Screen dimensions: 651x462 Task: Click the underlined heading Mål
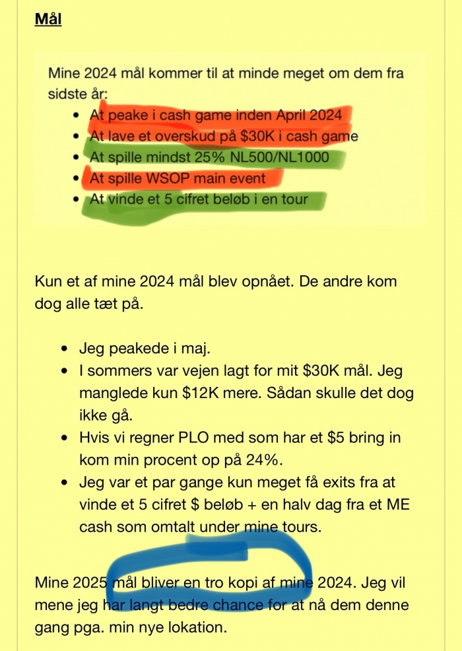(48, 20)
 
